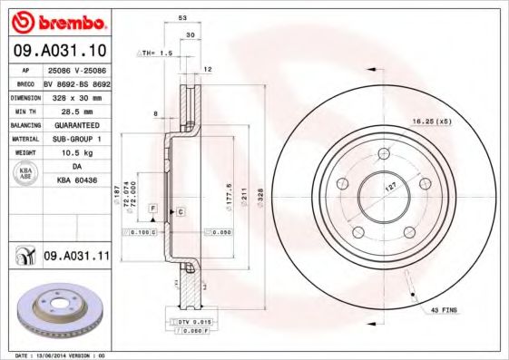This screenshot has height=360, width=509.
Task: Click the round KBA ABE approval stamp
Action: pos(26,175)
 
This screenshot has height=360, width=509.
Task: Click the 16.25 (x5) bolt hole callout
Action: pos(432,120)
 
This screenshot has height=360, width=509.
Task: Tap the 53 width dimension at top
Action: pos(182,18)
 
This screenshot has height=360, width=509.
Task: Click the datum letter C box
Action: pos(181,211)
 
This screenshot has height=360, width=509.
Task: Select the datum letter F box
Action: pos(153,209)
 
